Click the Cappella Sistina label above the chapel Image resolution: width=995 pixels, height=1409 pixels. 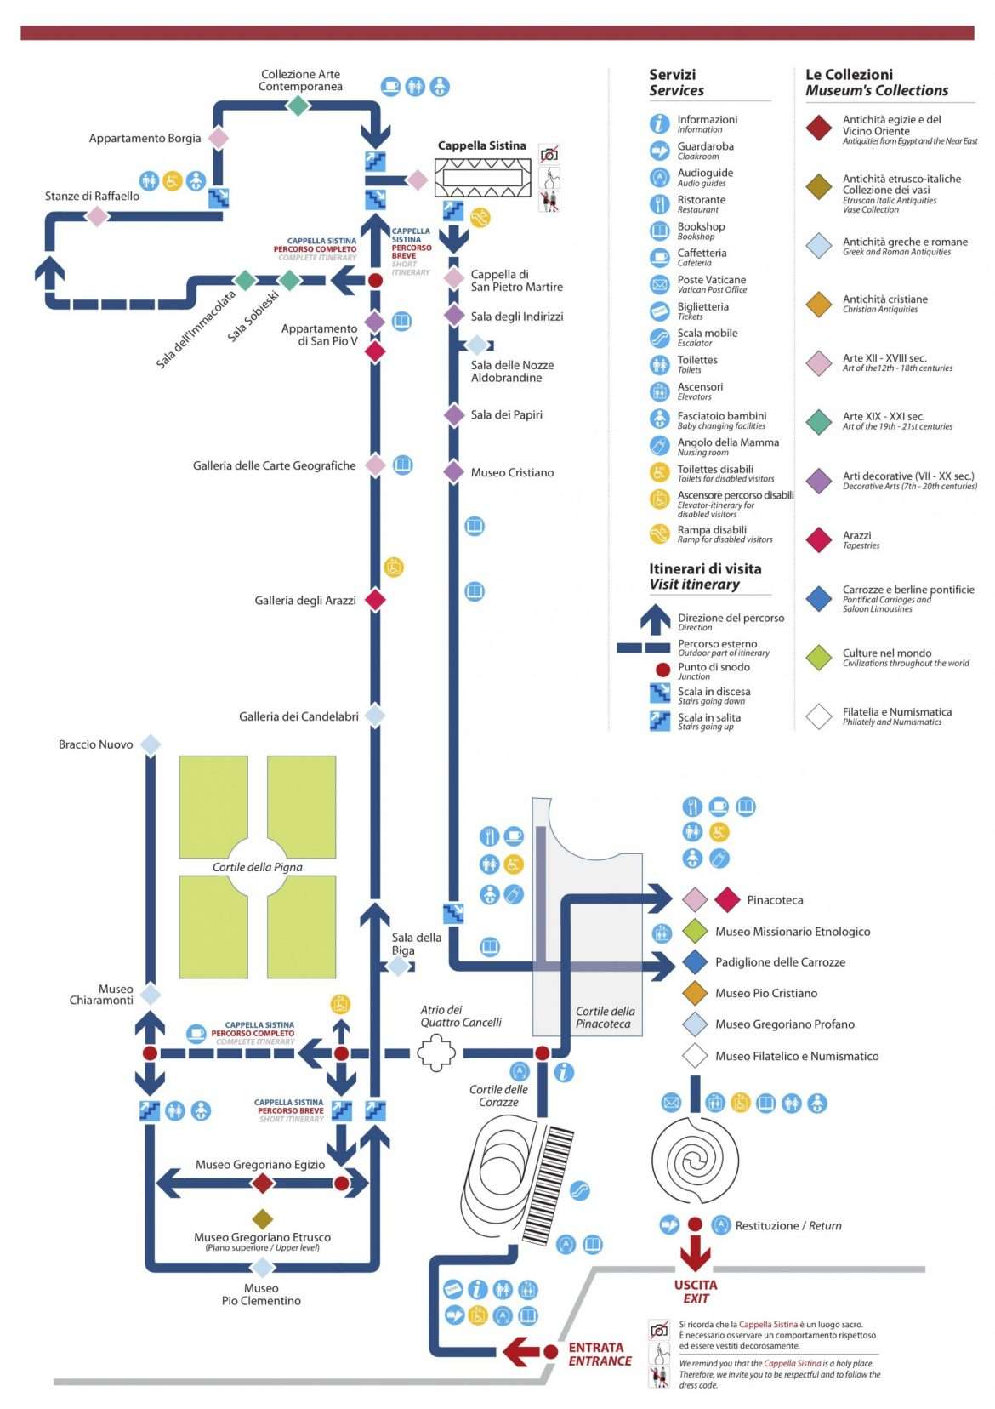[x=481, y=145]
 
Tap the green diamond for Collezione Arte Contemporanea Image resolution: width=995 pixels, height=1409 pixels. [x=298, y=106]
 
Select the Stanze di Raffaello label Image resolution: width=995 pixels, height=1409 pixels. [x=92, y=196]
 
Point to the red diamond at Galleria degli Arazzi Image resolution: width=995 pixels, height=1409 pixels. [x=375, y=600]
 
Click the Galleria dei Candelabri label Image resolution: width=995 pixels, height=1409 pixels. [x=298, y=716]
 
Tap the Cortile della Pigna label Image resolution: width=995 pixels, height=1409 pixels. [x=257, y=867]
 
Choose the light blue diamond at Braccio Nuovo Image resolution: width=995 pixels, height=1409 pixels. [x=151, y=744]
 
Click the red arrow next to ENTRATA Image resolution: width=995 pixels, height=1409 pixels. [x=521, y=1351]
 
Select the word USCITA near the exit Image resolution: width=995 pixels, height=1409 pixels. [x=696, y=1285]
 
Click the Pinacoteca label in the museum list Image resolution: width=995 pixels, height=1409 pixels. [x=775, y=900]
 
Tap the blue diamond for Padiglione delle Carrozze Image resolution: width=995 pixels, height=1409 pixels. [x=696, y=962]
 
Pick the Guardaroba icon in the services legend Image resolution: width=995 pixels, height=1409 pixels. [x=660, y=151]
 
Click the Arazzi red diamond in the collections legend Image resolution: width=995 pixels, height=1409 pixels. [x=818, y=539]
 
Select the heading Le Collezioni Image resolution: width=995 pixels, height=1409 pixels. [x=849, y=74]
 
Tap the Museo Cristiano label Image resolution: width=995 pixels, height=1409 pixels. [x=512, y=472]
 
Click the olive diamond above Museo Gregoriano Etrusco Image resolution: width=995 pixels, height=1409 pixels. [x=263, y=1218]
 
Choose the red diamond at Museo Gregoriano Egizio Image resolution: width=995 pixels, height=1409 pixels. [x=263, y=1183]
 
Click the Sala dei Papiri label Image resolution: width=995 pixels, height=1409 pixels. [x=506, y=414]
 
